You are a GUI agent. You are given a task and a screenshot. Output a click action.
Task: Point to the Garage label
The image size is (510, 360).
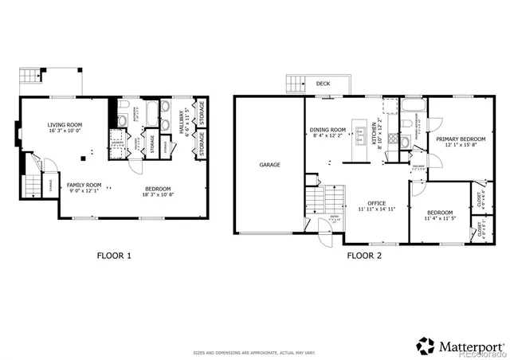pyautogui.click(x=269, y=165)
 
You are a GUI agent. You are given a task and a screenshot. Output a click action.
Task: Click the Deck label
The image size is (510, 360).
pyautogui.click(x=323, y=83)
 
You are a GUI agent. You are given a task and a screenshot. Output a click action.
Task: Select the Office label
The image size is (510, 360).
pyautogui.click(x=371, y=203)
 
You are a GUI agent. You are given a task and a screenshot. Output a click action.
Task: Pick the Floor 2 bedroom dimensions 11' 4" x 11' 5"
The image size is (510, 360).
pyautogui.click(x=439, y=217)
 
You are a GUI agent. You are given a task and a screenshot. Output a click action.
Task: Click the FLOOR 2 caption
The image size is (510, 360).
pyautogui.click(x=364, y=256)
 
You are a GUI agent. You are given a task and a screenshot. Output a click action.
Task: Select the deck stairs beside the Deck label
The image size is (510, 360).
pyautogui.click(x=296, y=84)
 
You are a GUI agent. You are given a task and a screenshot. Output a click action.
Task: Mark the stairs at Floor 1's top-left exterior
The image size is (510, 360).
pyautogui.click(x=31, y=77)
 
